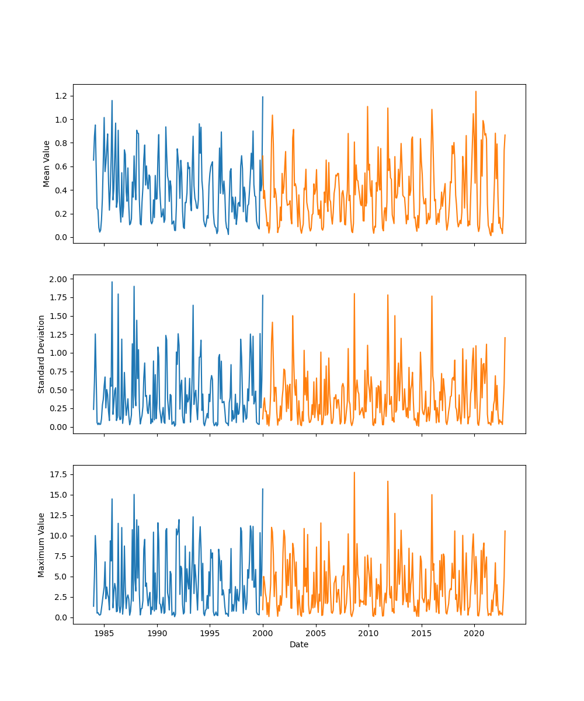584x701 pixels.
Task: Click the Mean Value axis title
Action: point(47,164)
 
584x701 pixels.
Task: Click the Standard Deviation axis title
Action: point(41,354)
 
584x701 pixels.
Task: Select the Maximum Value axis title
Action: point(41,544)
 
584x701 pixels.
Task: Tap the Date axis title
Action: point(299,644)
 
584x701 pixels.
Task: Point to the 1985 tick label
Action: point(104,633)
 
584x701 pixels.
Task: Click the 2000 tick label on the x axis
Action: point(263,633)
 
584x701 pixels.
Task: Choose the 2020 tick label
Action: point(474,633)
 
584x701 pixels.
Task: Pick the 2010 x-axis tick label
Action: point(368,633)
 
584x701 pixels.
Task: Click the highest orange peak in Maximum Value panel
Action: point(354,473)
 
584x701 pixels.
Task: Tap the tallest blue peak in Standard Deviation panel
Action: point(112,282)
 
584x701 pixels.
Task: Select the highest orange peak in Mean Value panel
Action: point(475,92)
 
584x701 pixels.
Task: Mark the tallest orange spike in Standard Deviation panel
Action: point(354,294)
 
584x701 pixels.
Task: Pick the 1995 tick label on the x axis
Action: point(210,633)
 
